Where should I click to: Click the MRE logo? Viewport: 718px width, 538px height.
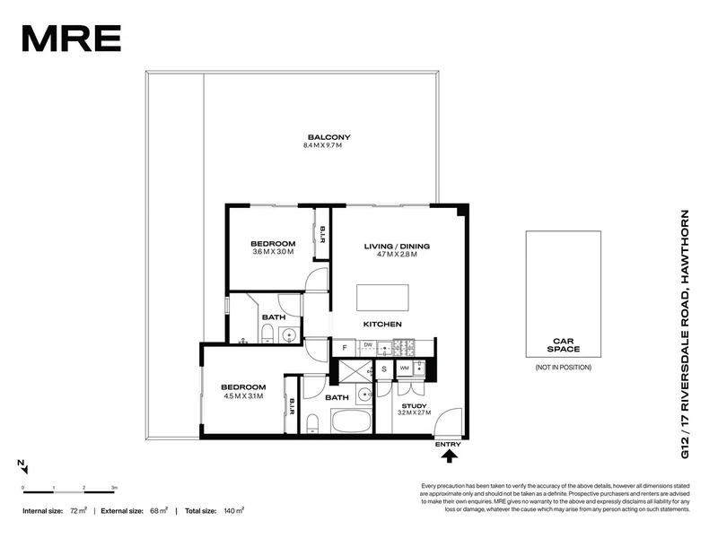71,38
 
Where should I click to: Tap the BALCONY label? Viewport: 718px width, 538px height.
326,136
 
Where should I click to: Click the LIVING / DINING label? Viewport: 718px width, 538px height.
397,246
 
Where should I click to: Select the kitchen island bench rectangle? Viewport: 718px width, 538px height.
383,297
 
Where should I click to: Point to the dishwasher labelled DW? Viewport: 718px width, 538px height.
368,345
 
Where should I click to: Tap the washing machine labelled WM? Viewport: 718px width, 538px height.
405,368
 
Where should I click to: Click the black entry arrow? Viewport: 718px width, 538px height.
449,456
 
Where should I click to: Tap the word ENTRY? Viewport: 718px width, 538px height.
448,444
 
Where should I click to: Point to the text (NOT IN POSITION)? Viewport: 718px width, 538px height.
563,369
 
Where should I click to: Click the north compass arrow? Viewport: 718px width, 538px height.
24,467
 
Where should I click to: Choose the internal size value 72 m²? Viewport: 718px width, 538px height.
80,510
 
